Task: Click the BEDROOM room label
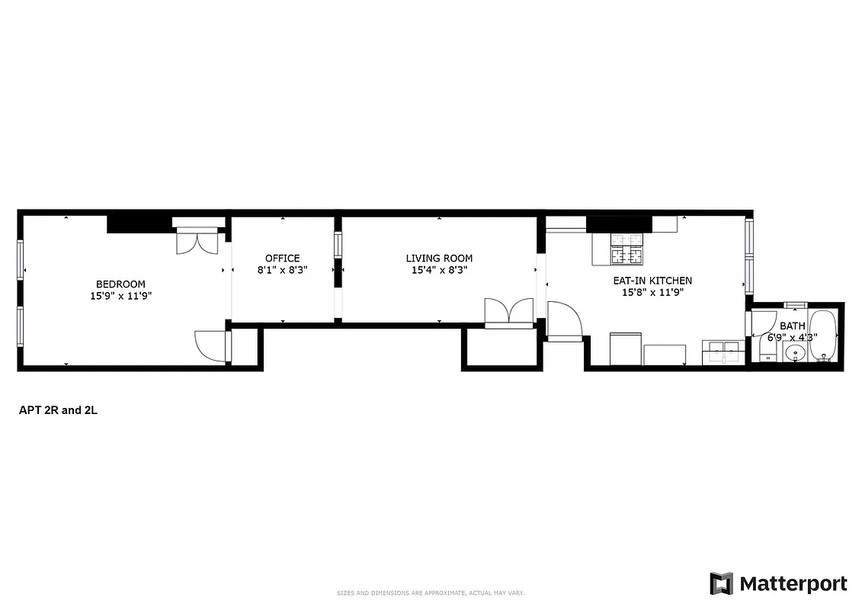point(120,284)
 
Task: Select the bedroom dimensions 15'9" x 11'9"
point(120,296)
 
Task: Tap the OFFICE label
point(282,258)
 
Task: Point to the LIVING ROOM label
point(439,258)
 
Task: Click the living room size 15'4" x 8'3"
point(439,270)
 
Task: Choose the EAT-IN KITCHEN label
point(652,281)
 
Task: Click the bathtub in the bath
point(822,336)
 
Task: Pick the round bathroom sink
point(794,353)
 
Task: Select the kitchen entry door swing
point(564,320)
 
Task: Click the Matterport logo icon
point(721,584)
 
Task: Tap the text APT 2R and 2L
point(59,410)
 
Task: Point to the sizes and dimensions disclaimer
point(431,592)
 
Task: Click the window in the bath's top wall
point(795,305)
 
